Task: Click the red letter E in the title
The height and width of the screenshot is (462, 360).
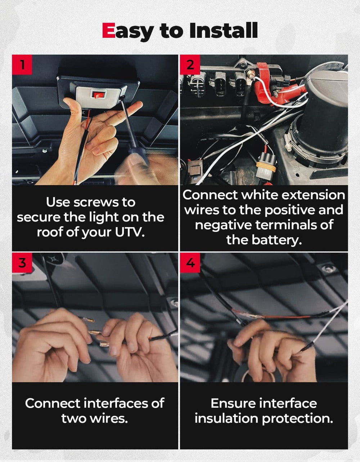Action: point(109,30)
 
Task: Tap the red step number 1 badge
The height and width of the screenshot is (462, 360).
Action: point(22,64)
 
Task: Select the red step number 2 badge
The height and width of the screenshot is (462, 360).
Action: point(190,64)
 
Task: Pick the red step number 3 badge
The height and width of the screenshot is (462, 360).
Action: point(22,263)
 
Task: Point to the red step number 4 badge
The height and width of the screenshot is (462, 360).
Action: point(190,263)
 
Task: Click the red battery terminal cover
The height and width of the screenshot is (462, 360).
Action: point(264,85)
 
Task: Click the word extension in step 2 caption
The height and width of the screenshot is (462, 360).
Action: point(307,195)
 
